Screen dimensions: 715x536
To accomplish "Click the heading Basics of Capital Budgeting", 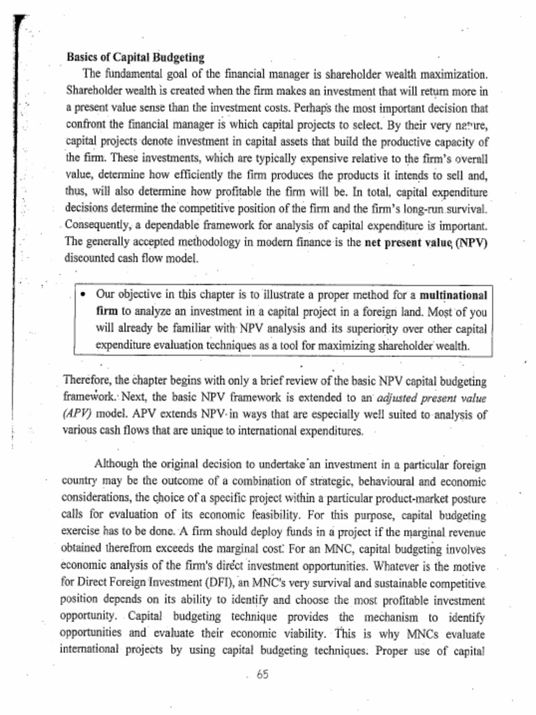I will [x=135, y=57].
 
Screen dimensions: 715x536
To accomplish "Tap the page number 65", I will [x=262, y=675].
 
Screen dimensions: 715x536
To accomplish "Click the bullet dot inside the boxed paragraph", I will [x=82, y=294].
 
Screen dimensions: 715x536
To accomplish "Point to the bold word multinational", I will [x=454, y=294].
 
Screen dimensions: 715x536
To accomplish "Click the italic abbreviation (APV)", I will [x=77, y=413].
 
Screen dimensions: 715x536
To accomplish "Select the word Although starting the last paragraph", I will [x=117, y=464].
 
